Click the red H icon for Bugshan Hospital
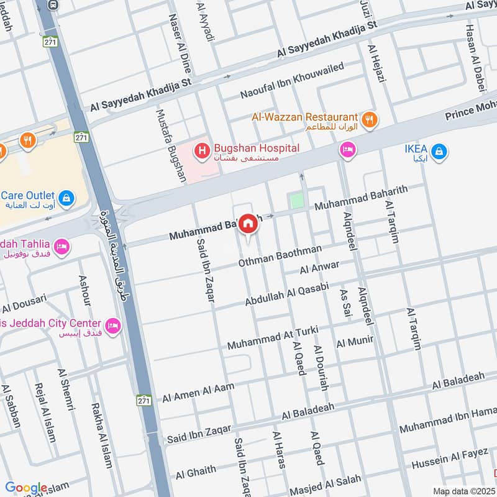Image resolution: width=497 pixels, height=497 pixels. tap(201, 150)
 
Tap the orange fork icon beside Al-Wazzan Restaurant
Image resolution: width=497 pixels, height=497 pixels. tap(370, 119)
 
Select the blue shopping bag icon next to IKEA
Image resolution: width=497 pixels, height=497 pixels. tap(439, 151)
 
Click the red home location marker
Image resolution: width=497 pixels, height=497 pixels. tap(248, 224)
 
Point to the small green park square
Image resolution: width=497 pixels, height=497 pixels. tap(298, 201)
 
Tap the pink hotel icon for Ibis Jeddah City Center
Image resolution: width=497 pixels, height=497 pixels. tap(112, 326)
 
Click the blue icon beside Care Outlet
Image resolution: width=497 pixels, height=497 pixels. tap(66, 198)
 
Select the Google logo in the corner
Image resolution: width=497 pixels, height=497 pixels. tap(26, 488)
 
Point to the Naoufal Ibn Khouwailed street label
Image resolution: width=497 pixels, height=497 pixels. tap(292, 81)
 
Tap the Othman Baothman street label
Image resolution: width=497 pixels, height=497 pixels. tap(280, 257)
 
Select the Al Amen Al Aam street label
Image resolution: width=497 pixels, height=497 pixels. tap(199, 393)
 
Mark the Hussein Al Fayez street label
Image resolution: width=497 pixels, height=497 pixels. tap(450, 458)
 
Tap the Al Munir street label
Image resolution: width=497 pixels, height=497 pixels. tap(355, 341)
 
